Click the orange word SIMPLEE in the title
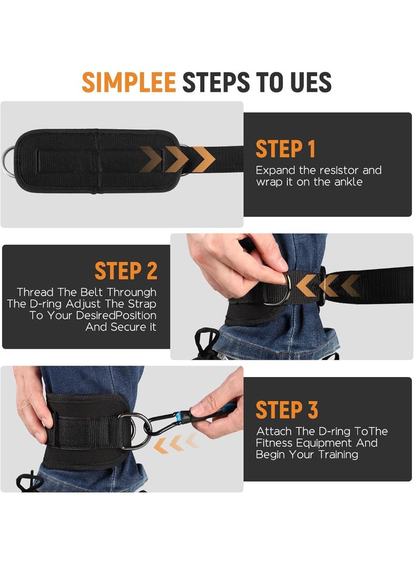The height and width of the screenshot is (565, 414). pos(129,82)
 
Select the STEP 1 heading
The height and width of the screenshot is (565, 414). pos(286,149)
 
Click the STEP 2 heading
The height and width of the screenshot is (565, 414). pos(126,271)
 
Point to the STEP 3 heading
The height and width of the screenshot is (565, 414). pos(287,410)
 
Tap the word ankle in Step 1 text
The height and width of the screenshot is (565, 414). pos(348,182)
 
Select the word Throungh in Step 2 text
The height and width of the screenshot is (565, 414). pos(132,292)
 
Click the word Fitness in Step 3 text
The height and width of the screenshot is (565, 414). pos(274,442)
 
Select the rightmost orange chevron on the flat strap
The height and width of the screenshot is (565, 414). pos(204,159)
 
